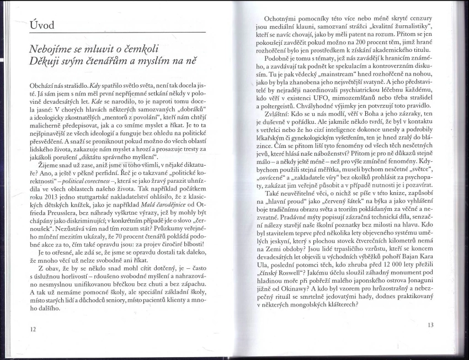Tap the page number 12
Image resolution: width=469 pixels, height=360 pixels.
pos(34,329)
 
